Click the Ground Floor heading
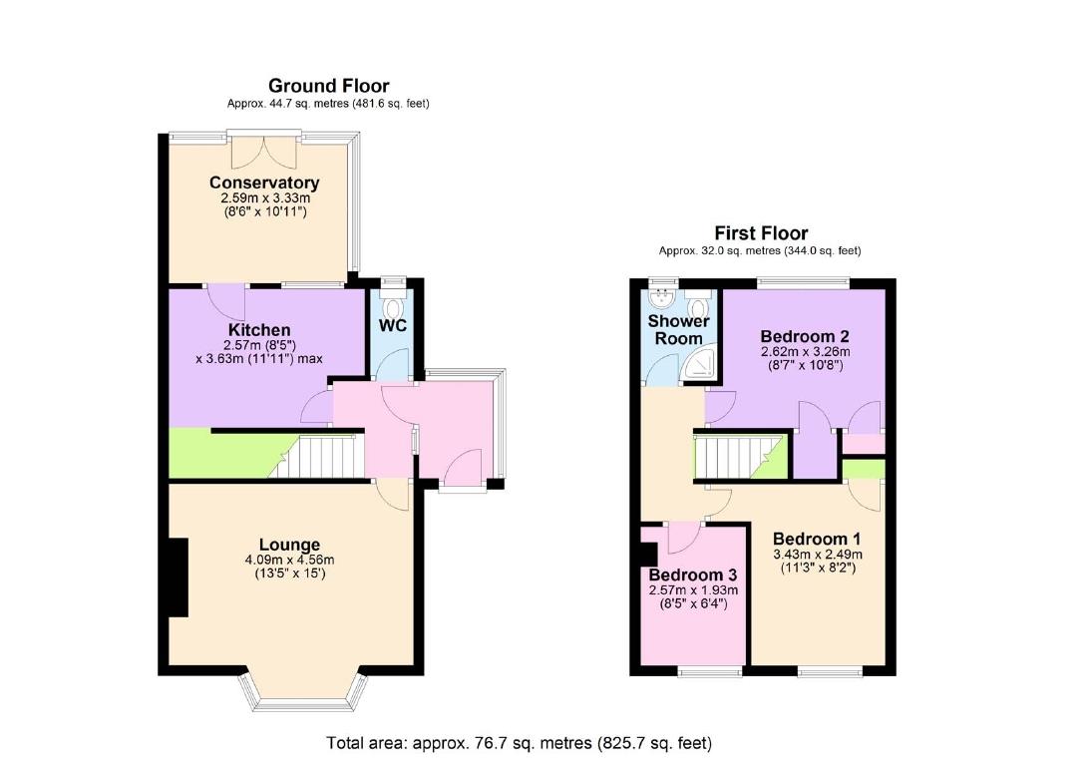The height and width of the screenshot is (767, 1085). (328, 86)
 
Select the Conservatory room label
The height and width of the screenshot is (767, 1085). (264, 183)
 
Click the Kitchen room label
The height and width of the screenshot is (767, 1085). (259, 330)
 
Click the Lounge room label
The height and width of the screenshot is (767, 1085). (289, 545)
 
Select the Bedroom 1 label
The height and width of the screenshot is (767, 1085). (816, 540)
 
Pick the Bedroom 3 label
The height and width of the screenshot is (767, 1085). (691, 575)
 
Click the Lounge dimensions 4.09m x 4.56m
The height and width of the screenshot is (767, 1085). (289, 560)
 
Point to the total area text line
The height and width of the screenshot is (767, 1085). (520, 743)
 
